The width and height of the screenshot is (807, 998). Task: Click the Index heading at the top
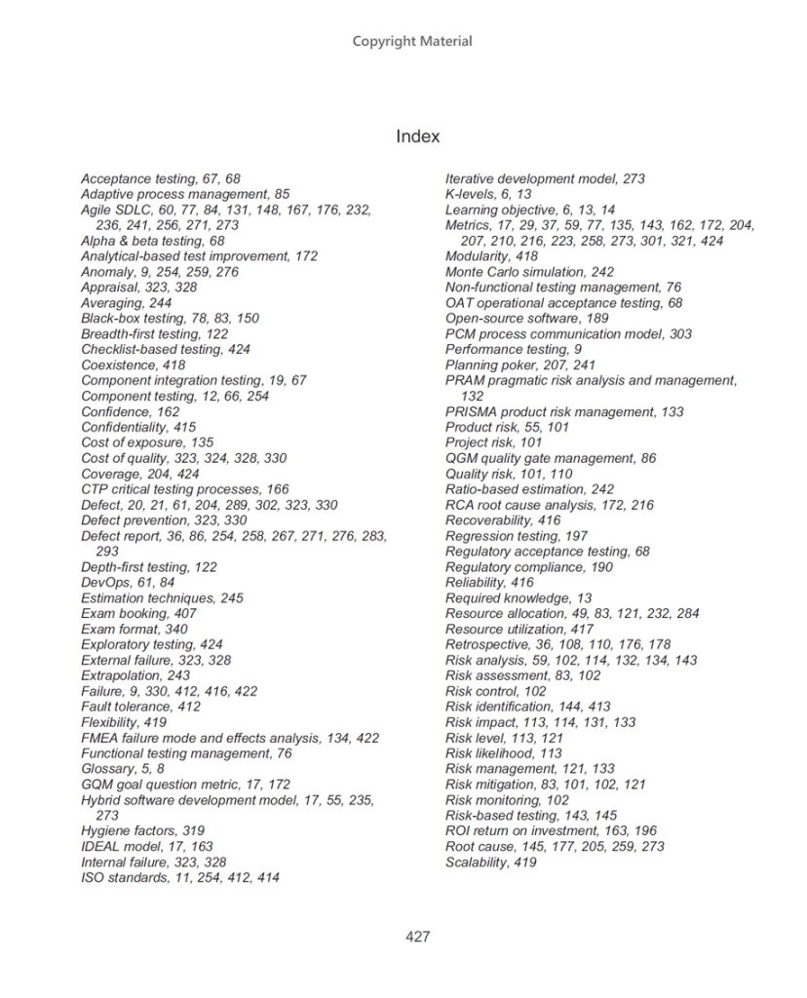pos(417,136)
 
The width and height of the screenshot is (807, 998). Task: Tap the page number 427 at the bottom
pos(417,938)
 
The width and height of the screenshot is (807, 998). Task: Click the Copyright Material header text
pos(412,41)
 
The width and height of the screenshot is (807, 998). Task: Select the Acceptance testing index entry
pos(160,179)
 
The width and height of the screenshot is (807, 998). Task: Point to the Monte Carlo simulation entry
pos(529,272)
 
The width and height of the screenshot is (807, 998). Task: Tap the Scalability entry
pos(491,863)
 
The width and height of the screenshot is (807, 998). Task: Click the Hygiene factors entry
pos(142,831)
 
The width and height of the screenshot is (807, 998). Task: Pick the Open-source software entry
pos(526,319)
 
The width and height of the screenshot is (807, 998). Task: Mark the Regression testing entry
pos(517,536)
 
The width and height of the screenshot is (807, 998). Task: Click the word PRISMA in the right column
pos(471,412)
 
